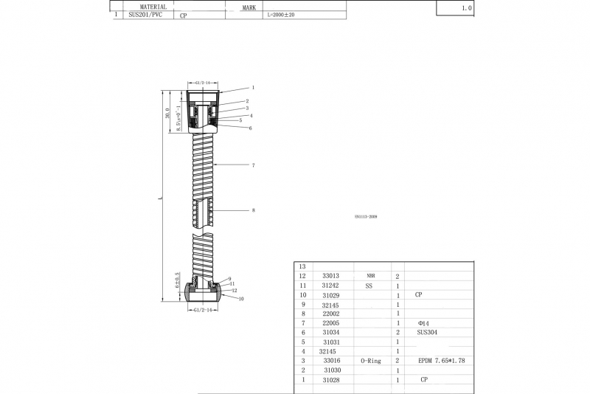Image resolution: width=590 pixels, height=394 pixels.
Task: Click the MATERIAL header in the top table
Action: click(x=153, y=7)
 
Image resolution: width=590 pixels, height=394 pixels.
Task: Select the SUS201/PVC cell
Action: click(x=145, y=15)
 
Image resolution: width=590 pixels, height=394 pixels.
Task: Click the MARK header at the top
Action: click(x=249, y=7)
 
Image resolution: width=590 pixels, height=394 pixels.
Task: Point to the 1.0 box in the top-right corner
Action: click(x=466, y=7)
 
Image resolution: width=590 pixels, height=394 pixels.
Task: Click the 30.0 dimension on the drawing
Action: click(x=167, y=112)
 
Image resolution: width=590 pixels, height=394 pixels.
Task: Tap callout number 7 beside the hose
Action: click(x=253, y=165)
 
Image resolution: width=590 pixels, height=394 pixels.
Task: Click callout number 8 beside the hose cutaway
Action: click(x=253, y=210)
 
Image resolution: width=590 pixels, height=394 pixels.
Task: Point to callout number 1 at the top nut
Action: click(x=252, y=87)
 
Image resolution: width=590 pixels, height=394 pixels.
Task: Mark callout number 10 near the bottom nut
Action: click(x=241, y=299)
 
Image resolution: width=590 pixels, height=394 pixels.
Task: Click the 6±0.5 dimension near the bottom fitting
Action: click(x=178, y=281)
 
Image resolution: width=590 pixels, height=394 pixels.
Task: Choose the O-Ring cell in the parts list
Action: click(x=371, y=361)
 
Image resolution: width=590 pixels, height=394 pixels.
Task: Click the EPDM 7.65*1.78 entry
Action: click(x=441, y=361)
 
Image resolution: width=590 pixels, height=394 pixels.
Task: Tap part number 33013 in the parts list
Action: click(x=330, y=275)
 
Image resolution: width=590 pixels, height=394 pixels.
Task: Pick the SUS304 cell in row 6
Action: click(x=427, y=333)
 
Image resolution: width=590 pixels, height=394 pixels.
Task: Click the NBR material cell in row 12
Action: click(x=370, y=275)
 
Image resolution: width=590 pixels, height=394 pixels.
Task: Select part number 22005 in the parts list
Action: click(x=330, y=323)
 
